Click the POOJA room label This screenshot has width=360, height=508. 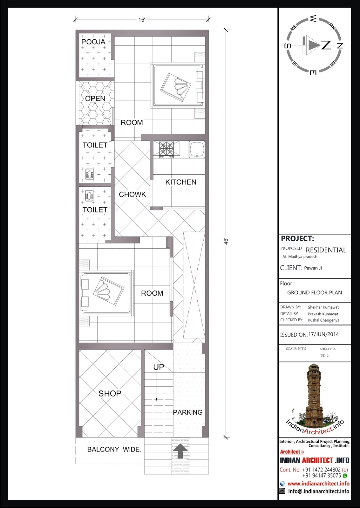[93, 42]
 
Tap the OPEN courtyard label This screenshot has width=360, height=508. [95, 99]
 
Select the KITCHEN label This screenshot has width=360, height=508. [181, 182]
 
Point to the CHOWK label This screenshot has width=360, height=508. [132, 194]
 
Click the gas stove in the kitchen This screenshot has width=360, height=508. [166, 150]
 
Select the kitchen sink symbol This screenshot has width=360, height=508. [197, 149]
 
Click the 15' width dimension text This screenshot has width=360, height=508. [142, 20]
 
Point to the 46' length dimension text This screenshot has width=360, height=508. [226, 241]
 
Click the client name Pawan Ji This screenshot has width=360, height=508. [313, 268]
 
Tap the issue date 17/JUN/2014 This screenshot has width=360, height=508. [323, 334]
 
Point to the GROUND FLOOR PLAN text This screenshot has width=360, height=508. [314, 292]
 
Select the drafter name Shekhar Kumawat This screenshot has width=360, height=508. [323, 307]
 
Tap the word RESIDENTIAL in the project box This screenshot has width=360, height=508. [326, 250]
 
